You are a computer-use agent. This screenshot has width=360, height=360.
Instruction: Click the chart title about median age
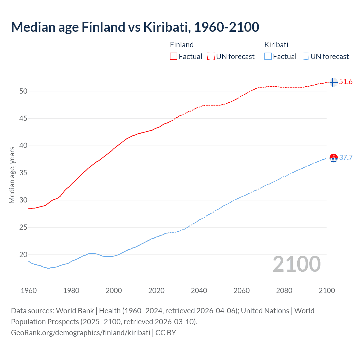pos(135,27)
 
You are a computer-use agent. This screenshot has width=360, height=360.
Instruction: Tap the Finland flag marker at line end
pos(333,82)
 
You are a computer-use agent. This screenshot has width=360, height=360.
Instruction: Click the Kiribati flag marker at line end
pos(333,158)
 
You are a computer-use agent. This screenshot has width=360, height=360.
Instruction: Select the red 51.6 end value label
pos(346,82)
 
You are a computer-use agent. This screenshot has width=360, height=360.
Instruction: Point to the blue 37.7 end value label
pos(346,158)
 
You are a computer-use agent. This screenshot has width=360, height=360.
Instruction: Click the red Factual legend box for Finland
pos(174,56)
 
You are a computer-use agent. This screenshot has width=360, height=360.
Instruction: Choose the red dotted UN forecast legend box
pos(211,56)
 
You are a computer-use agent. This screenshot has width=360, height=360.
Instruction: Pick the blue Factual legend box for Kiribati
pos(268,56)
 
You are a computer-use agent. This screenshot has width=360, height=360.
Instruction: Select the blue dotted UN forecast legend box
pos(305,56)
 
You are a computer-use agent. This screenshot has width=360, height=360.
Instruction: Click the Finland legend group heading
pos(182,45)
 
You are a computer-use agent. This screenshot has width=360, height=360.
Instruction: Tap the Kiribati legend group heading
pos(276,45)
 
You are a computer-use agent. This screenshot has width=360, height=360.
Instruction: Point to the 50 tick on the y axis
pos(23,91)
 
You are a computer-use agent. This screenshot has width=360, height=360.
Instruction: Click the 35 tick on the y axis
pos(23,173)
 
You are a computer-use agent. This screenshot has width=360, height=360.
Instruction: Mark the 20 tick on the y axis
pos(23,255)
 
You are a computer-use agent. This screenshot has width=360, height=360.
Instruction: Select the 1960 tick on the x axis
pos(29,291)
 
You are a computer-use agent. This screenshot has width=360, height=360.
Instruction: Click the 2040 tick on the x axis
pos(199,291)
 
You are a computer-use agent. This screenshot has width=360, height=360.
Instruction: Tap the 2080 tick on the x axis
pos(284,291)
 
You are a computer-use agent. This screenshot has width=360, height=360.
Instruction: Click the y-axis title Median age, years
pos(12,175)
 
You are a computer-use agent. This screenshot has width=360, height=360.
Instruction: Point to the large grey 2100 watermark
pos(296,264)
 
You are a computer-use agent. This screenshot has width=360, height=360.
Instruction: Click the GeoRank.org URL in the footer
pos(80,333)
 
